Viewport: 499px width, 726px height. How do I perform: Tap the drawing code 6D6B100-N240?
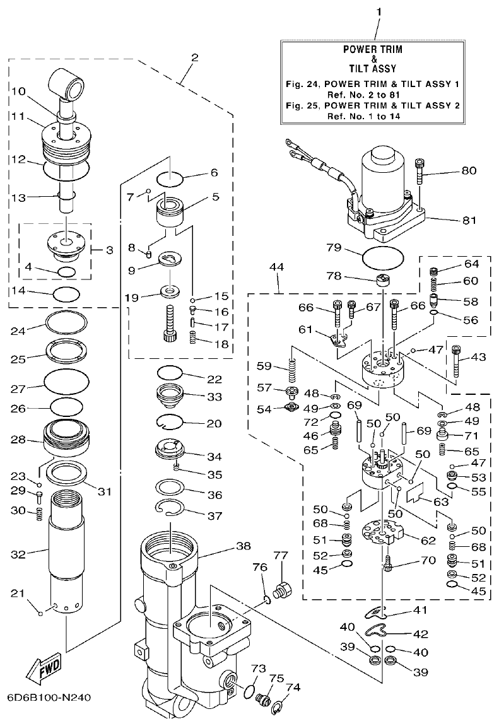(x=50, y=698)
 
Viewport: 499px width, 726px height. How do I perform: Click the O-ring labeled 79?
(x=383, y=258)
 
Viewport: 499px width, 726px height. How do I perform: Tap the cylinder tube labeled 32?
(x=66, y=549)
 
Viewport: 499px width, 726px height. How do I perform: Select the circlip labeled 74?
(x=278, y=711)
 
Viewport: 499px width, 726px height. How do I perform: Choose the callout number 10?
(x=17, y=91)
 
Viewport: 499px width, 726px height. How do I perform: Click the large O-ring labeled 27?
(x=66, y=380)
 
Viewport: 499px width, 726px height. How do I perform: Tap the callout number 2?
(x=194, y=57)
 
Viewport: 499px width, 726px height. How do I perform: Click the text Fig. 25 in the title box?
(x=305, y=105)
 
